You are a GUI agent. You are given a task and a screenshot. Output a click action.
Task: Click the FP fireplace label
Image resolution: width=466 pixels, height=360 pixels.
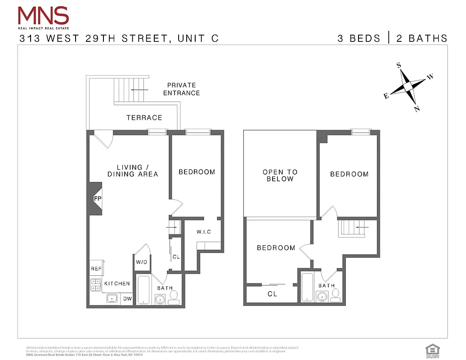(x=97, y=198)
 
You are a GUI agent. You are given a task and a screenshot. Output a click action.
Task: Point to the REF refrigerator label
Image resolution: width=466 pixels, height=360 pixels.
(x=96, y=269)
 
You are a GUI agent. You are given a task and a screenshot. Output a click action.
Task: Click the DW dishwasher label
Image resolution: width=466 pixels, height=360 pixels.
(x=127, y=298)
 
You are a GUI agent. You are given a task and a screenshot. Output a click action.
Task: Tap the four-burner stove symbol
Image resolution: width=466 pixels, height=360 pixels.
(x=96, y=285)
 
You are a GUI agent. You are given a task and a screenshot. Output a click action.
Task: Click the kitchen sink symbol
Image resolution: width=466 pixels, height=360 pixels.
(x=112, y=298)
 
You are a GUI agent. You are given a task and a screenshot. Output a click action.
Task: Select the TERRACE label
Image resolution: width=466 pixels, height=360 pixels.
(x=144, y=117)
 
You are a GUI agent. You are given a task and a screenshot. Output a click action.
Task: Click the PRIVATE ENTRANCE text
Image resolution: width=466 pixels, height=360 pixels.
(x=181, y=89)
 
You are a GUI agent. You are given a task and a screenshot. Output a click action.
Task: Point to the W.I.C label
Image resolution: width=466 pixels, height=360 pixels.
(x=203, y=232)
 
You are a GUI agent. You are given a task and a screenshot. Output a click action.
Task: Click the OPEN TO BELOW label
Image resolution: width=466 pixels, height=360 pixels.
(x=280, y=175)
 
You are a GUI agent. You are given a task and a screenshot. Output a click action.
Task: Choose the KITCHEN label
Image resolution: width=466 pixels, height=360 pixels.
(x=117, y=283)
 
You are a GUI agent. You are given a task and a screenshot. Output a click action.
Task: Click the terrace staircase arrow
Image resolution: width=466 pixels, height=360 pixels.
(x=138, y=90)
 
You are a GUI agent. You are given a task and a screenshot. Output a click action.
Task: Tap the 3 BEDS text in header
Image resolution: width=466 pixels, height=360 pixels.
(x=359, y=38)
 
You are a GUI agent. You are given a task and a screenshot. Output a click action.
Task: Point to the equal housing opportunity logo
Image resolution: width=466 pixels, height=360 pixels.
(x=432, y=350)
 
